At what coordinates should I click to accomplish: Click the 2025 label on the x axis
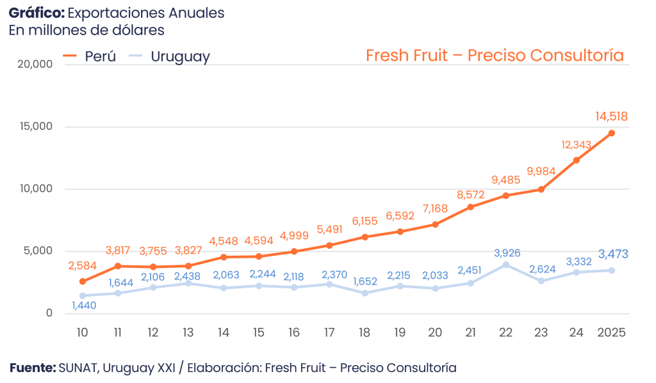611,332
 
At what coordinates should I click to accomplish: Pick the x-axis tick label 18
365,332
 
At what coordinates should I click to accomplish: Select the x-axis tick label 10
82,332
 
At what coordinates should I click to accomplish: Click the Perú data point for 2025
611,133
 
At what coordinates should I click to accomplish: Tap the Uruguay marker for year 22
505,265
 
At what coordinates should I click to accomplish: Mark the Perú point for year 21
470,207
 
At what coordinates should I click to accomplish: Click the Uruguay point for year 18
365,293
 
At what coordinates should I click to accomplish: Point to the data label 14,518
611,116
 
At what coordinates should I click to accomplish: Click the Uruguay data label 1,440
84,306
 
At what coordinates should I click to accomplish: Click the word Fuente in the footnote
32,368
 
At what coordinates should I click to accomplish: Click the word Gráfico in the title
36,13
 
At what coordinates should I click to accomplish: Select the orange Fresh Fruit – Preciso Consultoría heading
495,56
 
